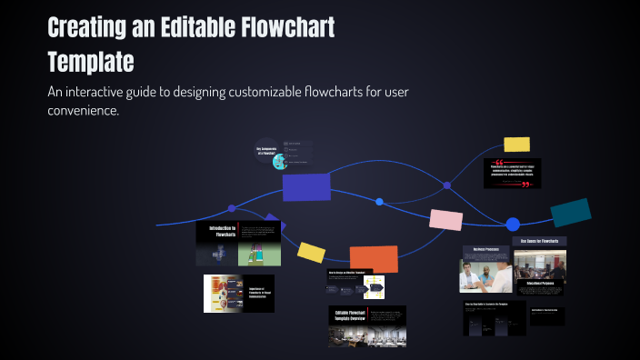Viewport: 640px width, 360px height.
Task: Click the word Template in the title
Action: click(91, 62)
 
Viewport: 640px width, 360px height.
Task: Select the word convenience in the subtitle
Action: click(81, 111)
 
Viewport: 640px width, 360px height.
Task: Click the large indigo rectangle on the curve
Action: click(306, 186)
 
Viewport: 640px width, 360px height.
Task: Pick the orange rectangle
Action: click(373, 259)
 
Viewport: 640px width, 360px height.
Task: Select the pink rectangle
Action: click(445, 219)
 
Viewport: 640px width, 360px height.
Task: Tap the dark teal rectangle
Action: click(571, 212)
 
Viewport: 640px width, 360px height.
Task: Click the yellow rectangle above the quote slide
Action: click(516, 144)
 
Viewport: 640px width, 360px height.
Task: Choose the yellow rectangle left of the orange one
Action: click(312, 253)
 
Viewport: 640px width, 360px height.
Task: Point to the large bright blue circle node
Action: click(513, 224)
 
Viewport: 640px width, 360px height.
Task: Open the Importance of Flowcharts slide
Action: click(238, 294)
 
